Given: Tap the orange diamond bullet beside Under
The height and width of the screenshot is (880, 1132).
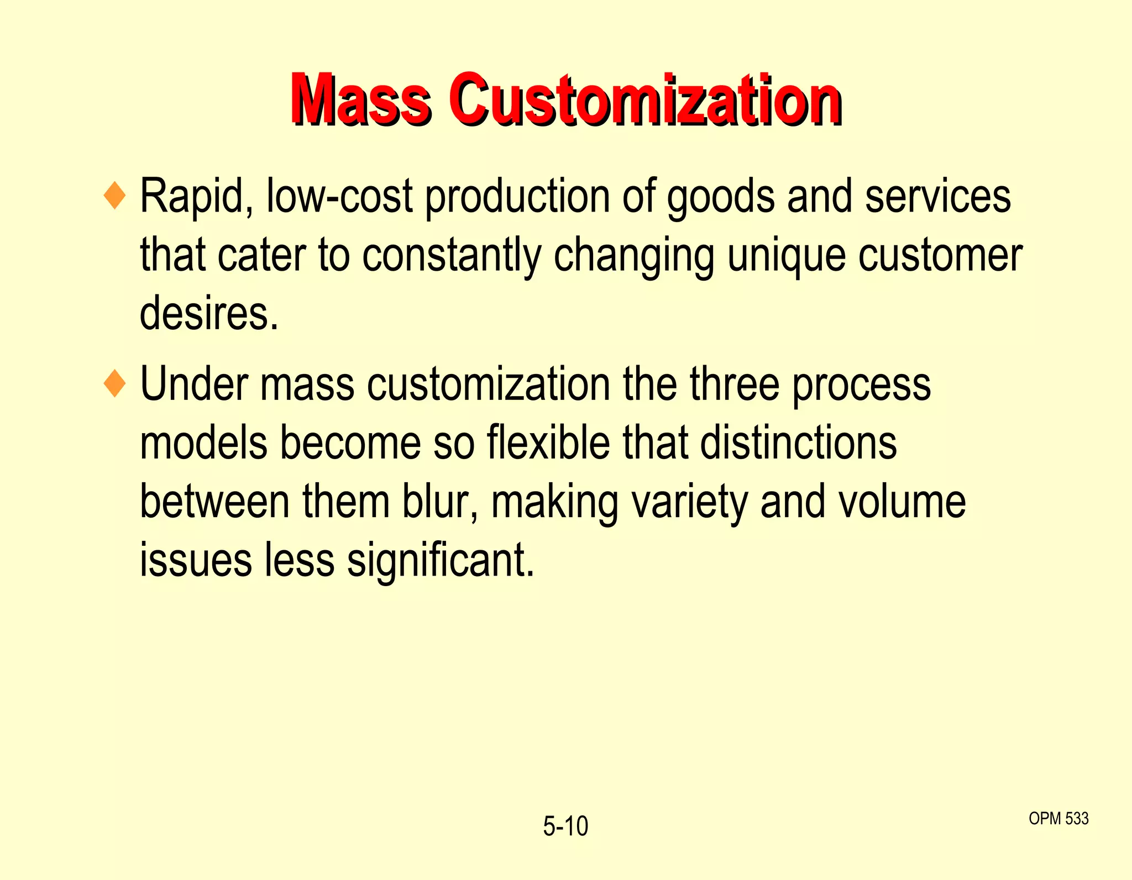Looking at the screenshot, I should coord(115,383).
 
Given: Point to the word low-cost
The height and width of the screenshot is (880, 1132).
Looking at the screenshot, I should coord(339,197).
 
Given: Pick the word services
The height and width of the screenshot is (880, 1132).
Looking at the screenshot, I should coord(937,197).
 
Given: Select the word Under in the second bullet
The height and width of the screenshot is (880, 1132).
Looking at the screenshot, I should coord(193,384).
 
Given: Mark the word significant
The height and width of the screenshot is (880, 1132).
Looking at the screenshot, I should coord(441,561).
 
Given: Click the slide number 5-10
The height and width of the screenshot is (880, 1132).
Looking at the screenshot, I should coord(565,826).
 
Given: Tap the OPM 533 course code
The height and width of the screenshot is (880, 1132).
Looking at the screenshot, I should coord(1058,818).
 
